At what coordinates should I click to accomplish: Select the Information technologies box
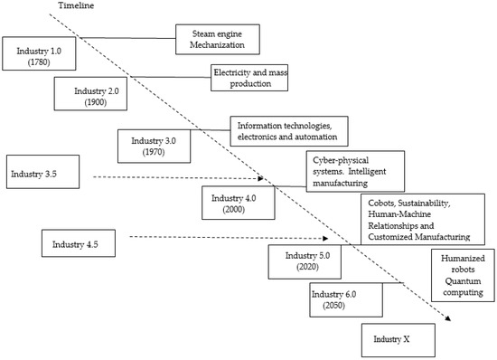pos(288,132)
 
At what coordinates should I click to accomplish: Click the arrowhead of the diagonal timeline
pos(448,318)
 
